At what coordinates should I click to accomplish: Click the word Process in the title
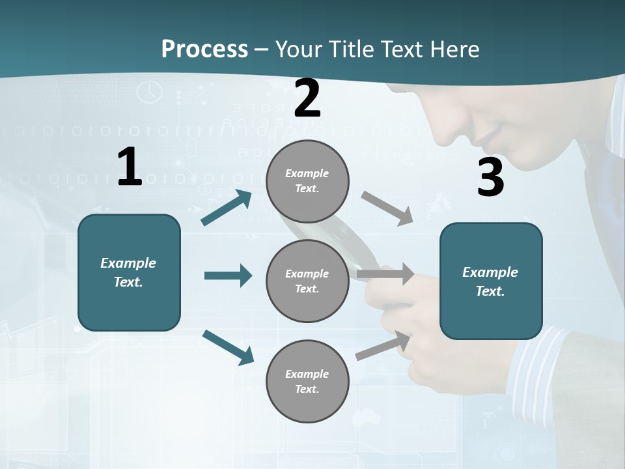click(204, 49)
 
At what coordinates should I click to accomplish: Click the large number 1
click(130, 167)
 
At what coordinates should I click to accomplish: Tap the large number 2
click(307, 98)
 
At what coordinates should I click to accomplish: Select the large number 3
click(490, 177)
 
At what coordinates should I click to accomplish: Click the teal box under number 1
click(129, 272)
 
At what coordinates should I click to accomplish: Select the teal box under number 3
click(491, 281)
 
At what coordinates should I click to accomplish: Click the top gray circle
click(307, 181)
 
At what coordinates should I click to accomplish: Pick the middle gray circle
click(307, 281)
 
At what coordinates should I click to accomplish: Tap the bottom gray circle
click(307, 382)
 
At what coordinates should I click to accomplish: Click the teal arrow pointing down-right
click(228, 347)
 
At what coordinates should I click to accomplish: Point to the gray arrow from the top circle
click(387, 208)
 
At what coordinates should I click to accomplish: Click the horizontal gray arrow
click(385, 274)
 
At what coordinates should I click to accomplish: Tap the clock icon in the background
click(150, 91)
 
